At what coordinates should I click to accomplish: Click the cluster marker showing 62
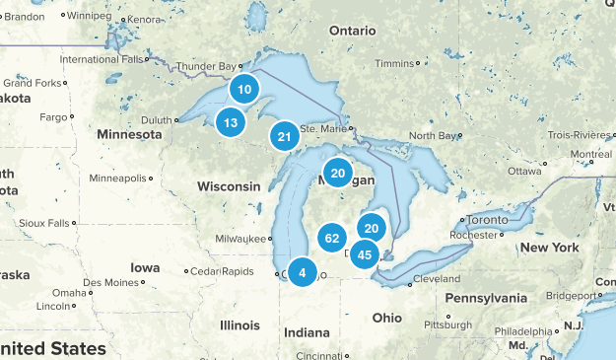(x=332, y=238)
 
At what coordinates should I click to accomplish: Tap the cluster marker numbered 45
(x=365, y=254)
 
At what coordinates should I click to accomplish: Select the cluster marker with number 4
(x=303, y=272)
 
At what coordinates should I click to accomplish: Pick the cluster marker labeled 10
(x=244, y=90)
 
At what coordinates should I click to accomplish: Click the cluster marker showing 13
(x=231, y=122)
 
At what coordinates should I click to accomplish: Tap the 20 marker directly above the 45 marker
(x=372, y=228)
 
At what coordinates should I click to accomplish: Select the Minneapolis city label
(x=116, y=179)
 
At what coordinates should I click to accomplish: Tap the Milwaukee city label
(x=241, y=239)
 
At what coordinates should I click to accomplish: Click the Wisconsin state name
(x=229, y=186)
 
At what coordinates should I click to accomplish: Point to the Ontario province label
(x=353, y=31)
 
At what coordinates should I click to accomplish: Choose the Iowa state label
(x=144, y=267)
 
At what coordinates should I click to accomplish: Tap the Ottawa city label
(x=525, y=171)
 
